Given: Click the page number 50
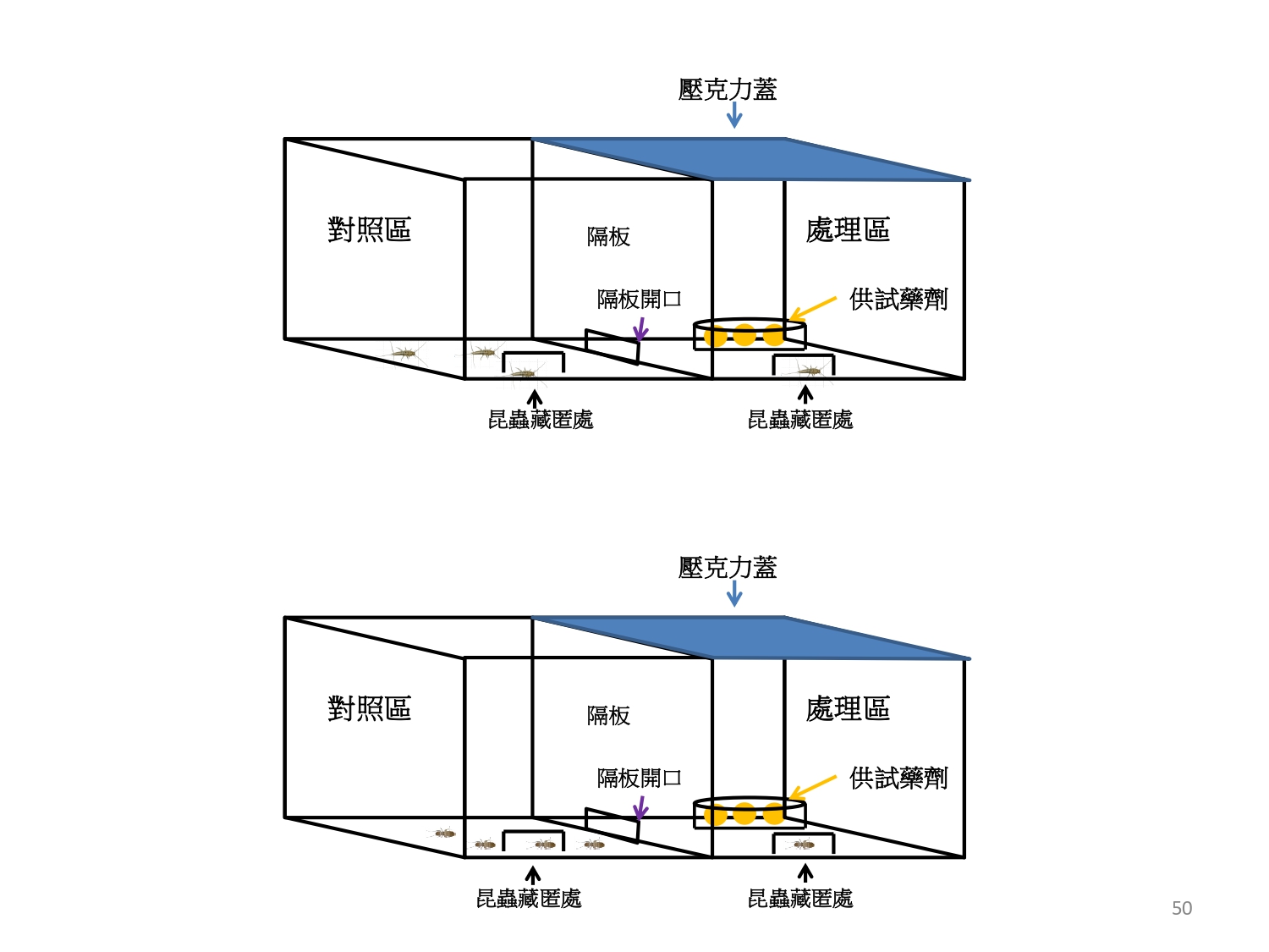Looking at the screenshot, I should pos(1181,908).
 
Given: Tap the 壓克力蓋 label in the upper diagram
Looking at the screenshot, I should pos(727,90).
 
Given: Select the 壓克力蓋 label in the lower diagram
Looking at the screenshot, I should pos(727,568).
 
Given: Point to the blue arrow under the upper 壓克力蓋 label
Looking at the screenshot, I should pos(734,115).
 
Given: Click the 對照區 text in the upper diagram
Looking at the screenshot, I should pos(369,229).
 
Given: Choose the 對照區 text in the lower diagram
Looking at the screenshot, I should pos(369,708).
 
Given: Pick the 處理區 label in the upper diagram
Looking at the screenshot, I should pos(847,229).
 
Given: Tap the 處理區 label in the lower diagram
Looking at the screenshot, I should pos(847,708).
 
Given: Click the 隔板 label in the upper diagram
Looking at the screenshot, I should pos(608,237).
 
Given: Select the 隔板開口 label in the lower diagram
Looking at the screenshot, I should pos(639,778).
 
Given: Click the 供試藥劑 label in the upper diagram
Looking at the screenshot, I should pos(898,299).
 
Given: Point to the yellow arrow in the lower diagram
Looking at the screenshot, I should pos(812,787).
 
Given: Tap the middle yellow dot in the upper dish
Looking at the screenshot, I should pos(744,336).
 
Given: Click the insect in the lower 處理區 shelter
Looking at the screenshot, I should pos(803,845).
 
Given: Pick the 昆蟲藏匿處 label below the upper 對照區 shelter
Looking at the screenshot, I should pos(541,420).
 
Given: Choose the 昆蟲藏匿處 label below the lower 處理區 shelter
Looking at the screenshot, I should pos(799,899).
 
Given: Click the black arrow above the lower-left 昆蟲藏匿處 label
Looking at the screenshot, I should pos(533,874).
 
